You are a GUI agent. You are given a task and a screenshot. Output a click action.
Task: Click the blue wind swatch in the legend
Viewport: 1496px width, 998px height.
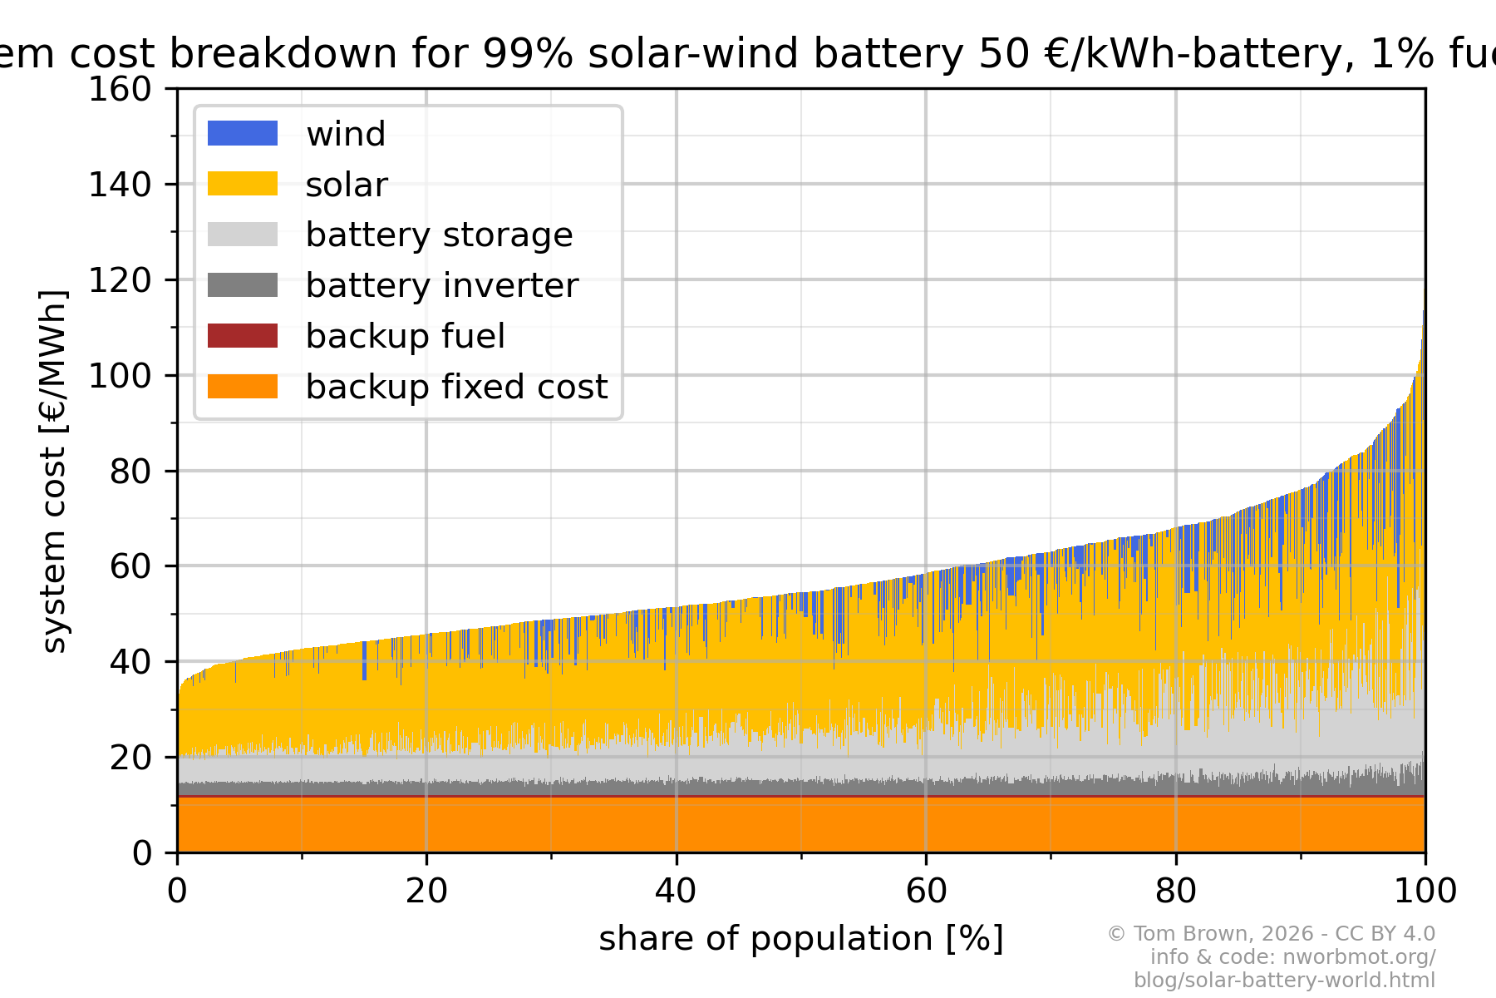coord(242,133)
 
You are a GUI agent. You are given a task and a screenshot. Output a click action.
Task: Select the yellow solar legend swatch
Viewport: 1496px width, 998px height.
coord(242,184)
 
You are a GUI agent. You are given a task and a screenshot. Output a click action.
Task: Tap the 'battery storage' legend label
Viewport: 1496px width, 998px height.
coord(439,235)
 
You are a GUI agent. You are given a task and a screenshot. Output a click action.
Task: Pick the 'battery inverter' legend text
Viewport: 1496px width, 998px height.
coord(441,285)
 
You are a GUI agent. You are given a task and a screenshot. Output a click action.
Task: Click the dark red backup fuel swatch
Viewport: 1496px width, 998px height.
coord(242,336)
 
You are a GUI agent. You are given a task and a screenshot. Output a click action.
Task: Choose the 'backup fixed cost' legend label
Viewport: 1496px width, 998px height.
coord(456,387)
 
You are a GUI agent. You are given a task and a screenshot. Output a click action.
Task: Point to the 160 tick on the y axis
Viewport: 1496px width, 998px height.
coord(120,89)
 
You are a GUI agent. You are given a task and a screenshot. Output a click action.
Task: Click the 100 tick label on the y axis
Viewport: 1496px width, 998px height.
coord(120,376)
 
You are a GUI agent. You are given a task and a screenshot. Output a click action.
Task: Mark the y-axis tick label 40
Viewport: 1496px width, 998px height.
coord(130,662)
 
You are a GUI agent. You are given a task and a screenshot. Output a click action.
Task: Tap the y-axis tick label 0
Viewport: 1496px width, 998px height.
coord(142,853)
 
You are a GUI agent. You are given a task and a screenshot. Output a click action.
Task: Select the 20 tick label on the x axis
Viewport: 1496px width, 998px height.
coord(426,892)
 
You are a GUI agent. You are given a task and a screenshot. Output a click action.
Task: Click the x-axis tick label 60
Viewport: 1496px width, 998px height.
coord(926,892)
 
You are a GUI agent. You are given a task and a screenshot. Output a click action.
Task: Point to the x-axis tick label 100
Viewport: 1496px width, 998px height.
coord(1425,892)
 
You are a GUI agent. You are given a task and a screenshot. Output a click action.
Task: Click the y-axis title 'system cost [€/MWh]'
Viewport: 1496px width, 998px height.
coord(54,471)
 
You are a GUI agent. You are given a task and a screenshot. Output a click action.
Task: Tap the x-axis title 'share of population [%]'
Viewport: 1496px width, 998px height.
coord(801,939)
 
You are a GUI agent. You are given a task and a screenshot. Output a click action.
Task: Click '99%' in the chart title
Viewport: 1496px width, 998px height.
coord(528,54)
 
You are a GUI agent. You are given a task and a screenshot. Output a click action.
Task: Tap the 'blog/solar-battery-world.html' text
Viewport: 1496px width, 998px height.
coord(1284,980)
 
